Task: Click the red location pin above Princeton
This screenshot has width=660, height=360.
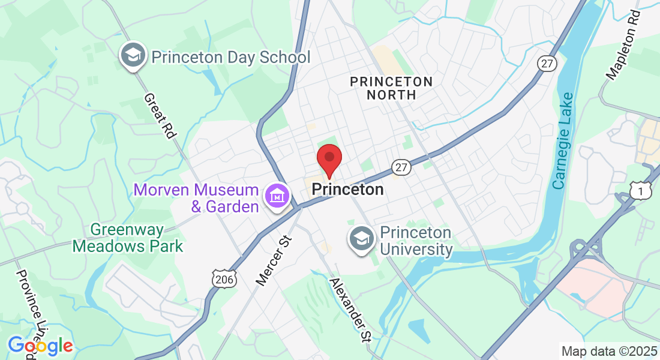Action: [x=329, y=161]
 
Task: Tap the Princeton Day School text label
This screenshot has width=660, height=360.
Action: [x=231, y=58]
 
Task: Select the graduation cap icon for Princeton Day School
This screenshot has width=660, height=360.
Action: [x=133, y=56]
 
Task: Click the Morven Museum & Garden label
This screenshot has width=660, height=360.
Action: [x=196, y=198]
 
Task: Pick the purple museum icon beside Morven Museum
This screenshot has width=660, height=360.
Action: [x=278, y=195]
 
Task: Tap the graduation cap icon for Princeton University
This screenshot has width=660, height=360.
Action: [x=362, y=239]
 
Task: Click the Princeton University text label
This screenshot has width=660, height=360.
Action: [x=416, y=241]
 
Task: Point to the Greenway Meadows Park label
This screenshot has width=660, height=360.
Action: [x=128, y=238]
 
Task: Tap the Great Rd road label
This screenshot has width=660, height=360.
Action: [x=159, y=116]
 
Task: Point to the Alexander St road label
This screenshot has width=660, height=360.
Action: [x=350, y=310]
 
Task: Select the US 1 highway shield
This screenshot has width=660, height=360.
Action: [x=641, y=190]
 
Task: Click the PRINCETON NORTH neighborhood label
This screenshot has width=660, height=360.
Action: [x=391, y=88]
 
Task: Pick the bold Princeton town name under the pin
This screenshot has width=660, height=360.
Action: [x=347, y=190]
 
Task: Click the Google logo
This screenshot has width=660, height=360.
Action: [x=40, y=346]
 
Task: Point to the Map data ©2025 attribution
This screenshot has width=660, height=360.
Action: [x=608, y=351]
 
